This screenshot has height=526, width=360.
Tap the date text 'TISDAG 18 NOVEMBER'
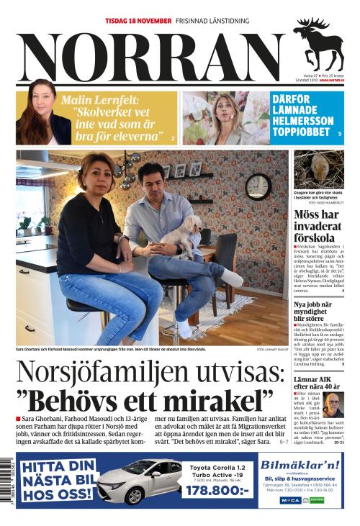point(138,21)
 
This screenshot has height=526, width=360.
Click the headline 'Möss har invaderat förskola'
point(318,227)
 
